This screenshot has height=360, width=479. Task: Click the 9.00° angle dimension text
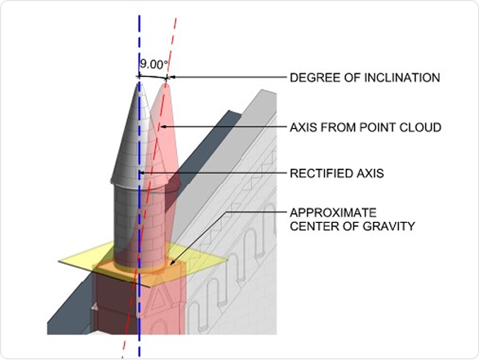pyautogui.click(x=154, y=64)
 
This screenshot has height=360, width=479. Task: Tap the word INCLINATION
pyautogui.click(x=402, y=78)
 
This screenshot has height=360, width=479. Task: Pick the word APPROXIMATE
pyautogui.click(x=333, y=212)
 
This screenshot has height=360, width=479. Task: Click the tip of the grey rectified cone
pyautogui.click(x=139, y=82)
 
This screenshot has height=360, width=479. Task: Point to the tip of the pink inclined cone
pyautogui.click(x=166, y=82)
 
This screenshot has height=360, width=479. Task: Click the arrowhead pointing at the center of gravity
pyautogui.click(x=172, y=263)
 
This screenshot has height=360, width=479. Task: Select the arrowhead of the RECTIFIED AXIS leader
pyautogui.click(x=141, y=173)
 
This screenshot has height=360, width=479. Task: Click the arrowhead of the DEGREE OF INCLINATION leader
pyautogui.click(x=171, y=77)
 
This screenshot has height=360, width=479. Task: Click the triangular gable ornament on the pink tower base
pyautogui.click(x=158, y=299)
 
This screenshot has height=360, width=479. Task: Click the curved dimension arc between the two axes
pyautogui.click(x=153, y=77)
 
